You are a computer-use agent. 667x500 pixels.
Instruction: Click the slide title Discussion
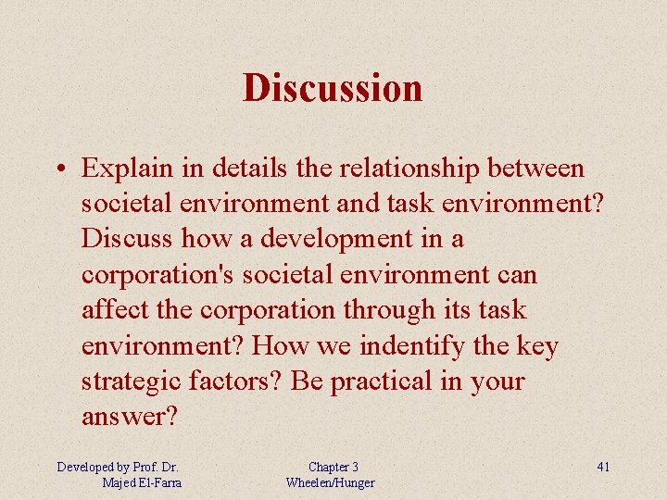333,88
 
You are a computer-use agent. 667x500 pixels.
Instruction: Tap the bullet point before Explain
58,169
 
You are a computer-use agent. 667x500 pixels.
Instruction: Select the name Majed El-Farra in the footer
143,482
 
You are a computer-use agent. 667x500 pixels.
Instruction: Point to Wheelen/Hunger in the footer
331,482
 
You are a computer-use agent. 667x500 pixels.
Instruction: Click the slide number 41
603,467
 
